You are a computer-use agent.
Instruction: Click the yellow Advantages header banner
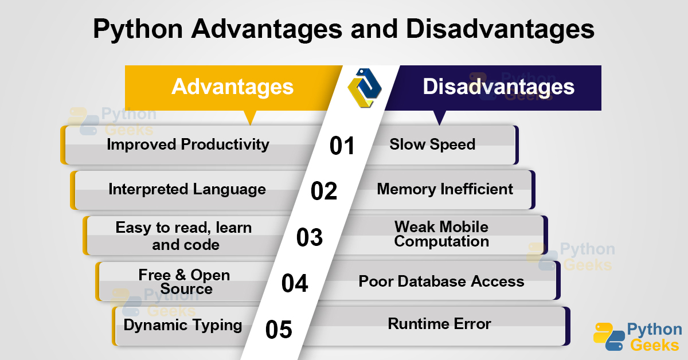tap(232, 87)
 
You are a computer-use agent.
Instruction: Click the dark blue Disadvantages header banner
tap(498, 87)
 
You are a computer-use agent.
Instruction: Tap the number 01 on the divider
tap(342, 146)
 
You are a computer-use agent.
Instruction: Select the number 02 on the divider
tap(324, 191)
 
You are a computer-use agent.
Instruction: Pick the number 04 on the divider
tap(295, 283)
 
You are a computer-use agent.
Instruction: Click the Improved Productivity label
tap(188, 144)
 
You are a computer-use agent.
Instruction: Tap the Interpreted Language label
tap(187, 189)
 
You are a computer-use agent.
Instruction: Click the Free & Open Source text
tap(185, 281)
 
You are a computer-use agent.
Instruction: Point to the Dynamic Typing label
tap(183, 326)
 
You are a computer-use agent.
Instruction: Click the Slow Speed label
tap(432, 144)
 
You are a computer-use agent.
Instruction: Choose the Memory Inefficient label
tap(445, 189)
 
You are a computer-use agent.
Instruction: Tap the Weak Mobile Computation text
tap(441, 234)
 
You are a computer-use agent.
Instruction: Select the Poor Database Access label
tap(441, 281)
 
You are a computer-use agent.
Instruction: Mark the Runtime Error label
tap(439, 324)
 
